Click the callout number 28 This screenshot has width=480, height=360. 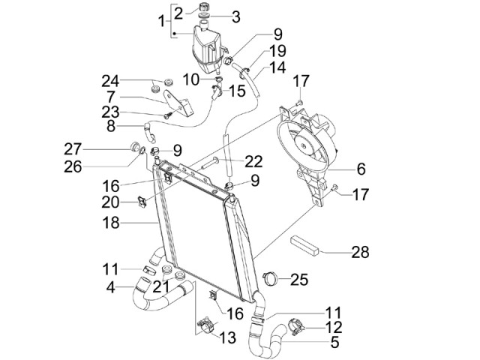pyautogui.click(x=361, y=253)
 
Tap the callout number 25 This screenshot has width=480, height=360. pyautogui.click(x=299, y=280)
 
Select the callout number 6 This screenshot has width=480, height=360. pyautogui.click(x=361, y=169)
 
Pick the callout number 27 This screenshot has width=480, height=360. pyautogui.click(x=114, y=148)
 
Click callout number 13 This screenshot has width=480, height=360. pyautogui.click(x=226, y=337)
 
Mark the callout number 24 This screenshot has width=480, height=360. pyautogui.click(x=111, y=81)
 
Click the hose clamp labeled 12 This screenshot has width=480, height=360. pyautogui.click(x=293, y=328)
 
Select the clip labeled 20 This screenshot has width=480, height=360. pyautogui.click(x=144, y=201)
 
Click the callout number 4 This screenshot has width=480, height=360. pyautogui.click(x=111, y=286)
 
